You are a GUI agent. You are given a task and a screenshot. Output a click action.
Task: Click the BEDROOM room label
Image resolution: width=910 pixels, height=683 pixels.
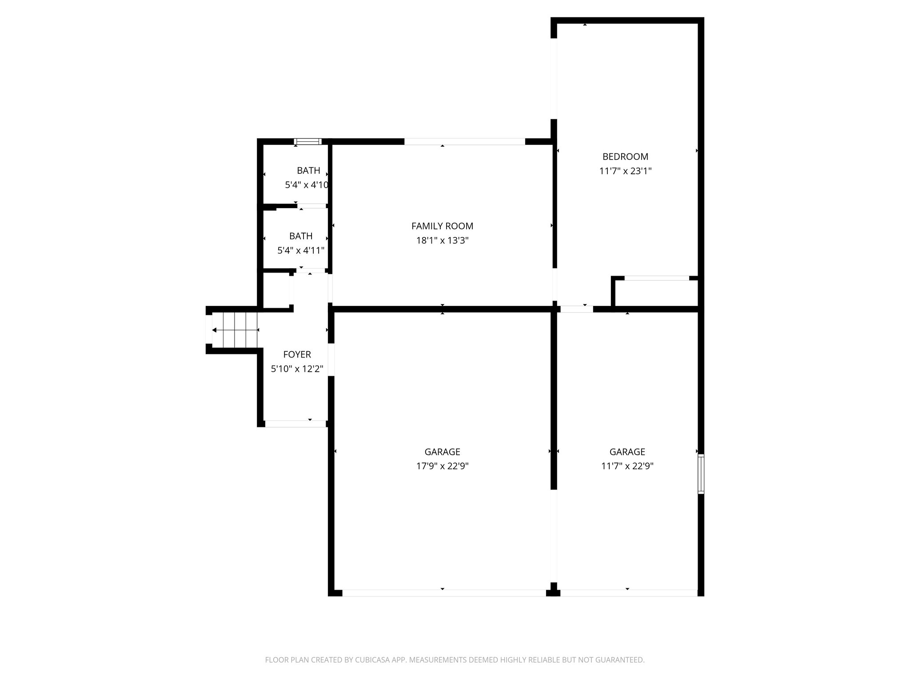click(x=625, y=157)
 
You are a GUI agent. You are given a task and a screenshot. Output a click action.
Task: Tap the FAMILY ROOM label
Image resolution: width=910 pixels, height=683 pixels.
click(x=442, y=226)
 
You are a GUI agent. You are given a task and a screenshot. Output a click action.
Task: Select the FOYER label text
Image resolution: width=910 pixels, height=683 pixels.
click(x=297, y=354)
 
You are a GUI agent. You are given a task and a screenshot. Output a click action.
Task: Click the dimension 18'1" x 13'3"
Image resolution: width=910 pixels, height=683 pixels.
click(x=442, y=241)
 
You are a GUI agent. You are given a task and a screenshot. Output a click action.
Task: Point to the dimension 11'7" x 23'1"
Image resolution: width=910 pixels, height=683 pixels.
click(x=625, y=171)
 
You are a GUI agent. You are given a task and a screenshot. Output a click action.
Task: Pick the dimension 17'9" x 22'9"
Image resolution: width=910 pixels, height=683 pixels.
click(x=442, y=466)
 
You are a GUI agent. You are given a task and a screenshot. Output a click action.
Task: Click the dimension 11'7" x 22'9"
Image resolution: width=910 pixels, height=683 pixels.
click(x=627, y=466)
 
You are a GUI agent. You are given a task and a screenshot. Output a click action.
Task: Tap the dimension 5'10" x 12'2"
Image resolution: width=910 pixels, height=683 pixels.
click(x=297, y=369)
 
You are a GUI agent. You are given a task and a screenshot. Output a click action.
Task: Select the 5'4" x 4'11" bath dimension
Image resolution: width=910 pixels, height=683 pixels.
click(x=301, y=251)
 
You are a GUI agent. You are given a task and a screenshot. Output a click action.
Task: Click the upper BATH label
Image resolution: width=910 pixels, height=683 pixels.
click(x=308, y=171)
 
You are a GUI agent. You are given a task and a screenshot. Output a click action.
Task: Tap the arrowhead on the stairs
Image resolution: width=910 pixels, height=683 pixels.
click(x=215, y=330)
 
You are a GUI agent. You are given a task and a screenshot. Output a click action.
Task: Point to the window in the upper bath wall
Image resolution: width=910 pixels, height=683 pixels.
click(x=307, y=142)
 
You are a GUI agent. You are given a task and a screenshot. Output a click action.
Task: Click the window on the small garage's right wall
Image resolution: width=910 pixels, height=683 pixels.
click(x=701, y=474)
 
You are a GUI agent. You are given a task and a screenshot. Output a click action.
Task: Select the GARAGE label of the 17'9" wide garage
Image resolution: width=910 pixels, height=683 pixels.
click(x=442, y=452)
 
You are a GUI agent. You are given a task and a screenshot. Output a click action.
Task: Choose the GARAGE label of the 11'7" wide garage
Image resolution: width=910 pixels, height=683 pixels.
click(x=627, y=452)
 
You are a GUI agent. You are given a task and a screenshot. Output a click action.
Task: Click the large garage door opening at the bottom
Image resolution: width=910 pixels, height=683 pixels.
click(x=443, y=593)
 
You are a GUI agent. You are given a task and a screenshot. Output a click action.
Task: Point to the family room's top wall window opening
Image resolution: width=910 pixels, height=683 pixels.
click(x=464, y=142)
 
